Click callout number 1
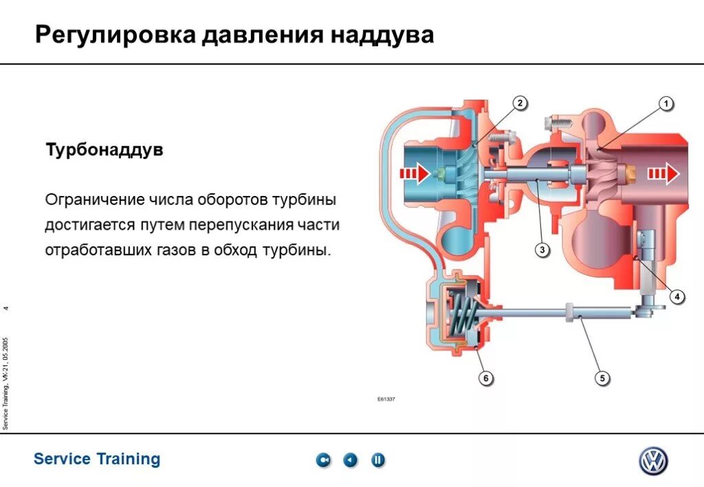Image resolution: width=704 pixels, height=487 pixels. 665,104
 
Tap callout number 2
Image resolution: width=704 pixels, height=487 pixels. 520,104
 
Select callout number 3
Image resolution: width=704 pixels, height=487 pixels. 542,250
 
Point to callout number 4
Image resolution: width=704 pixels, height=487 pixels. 676,297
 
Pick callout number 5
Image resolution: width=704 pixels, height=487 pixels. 602,378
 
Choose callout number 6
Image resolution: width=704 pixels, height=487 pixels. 485,378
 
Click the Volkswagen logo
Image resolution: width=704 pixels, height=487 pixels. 653,460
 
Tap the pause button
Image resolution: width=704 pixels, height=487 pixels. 378,460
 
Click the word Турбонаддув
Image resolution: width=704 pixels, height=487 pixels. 104,150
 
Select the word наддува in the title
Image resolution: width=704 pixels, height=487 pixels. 384,35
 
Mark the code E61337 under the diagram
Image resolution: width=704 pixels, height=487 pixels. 386,400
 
